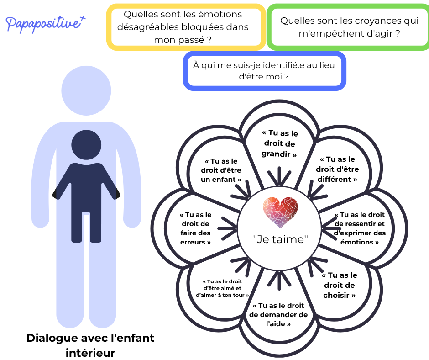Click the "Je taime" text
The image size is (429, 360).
pyautogui.click(x=280, y=239)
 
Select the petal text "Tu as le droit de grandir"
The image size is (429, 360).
pyautogui.click(x=279, y=143)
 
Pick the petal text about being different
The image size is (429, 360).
pyautogui.click(x=337, y=169)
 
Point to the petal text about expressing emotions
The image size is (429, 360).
pyautogui.click(x=360, y=228)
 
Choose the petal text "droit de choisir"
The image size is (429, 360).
pyautogui.click(x=339, y=285)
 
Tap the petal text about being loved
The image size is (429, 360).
pyautogui.click(x=222, y=288)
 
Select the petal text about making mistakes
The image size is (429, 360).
pyautogui.click(x=195, y=228)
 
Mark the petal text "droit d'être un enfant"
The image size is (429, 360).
pyautogui.click(x=221, y=170)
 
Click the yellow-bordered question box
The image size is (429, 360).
pyautogui.click(x=186, y=27)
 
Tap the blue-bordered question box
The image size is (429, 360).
pyautogui.click(x=264, y=71)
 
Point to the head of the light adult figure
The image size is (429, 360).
pyautogui.click(x=86, y=90)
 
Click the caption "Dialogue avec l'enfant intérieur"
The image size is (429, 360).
pyautogui.click(x=90, y=345)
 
